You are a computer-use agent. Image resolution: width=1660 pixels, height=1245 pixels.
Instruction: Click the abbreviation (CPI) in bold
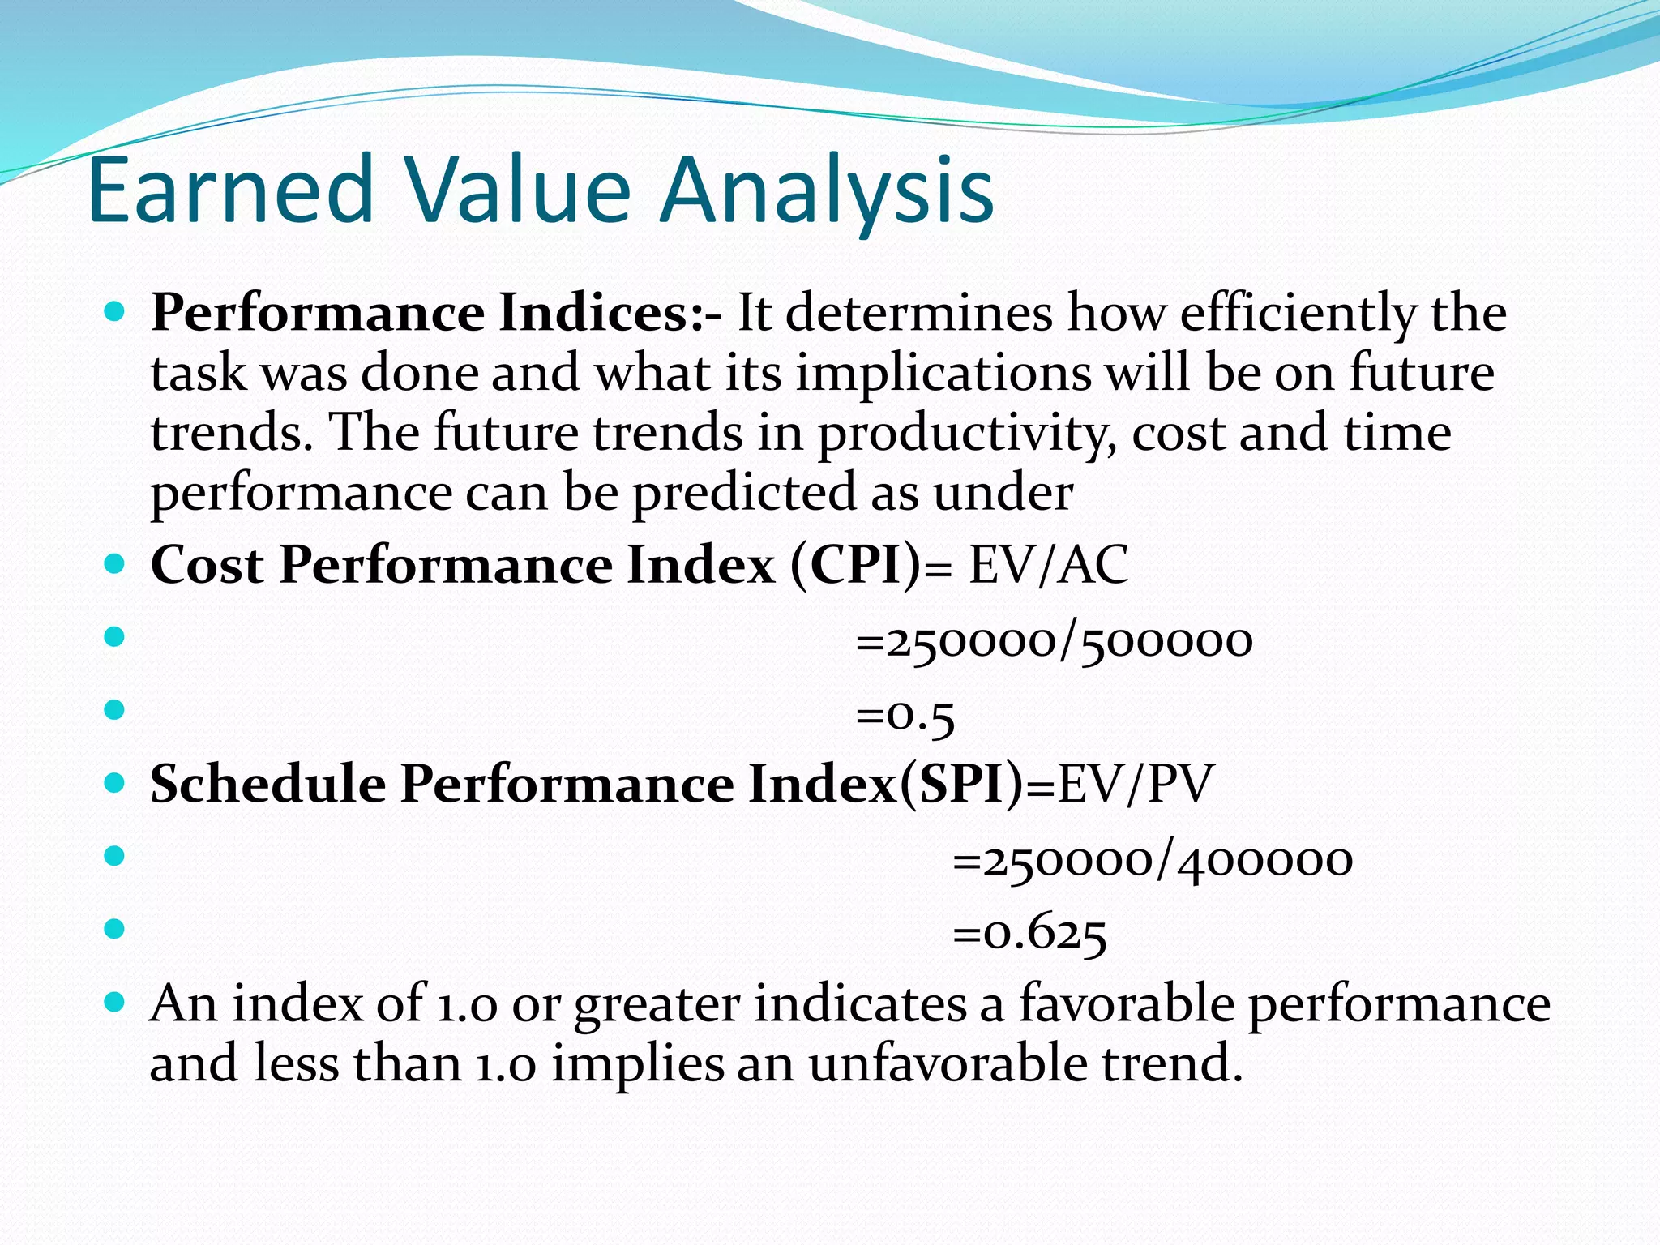(856, 564)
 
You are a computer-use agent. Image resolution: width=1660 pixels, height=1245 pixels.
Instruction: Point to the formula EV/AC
(1048, 564)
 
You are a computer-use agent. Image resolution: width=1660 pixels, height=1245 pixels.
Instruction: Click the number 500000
(1167, 642)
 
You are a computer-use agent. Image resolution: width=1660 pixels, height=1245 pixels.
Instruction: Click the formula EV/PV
(1135, 785)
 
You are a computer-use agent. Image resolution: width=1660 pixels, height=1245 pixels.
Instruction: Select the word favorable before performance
(1126, 1003)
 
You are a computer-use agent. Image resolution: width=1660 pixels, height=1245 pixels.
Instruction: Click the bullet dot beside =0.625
(115, 928)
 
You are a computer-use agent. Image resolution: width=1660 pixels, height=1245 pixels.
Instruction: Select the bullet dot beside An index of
(115, 1003)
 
